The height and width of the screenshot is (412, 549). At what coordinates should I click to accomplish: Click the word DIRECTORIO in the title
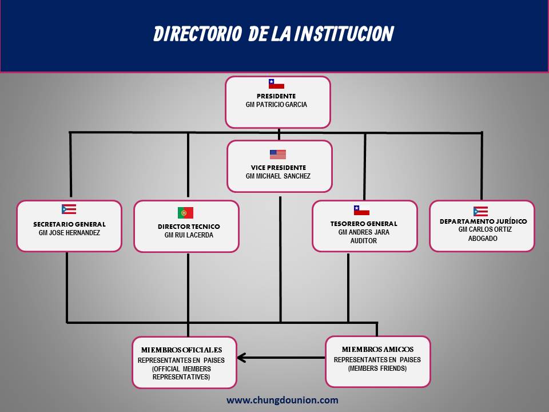click(x=198, y=34)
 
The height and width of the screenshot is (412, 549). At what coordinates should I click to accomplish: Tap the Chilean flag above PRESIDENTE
click(x=276, y=84)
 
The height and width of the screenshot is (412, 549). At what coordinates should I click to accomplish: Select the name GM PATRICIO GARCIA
click(x=276, y=104)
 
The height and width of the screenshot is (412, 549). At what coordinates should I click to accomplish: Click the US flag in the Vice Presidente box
click(x=278, y=154)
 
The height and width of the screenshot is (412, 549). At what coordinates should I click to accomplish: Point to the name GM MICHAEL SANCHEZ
click(x=278, y=176)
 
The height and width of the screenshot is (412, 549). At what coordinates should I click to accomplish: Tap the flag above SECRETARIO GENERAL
click(x=69, y=209)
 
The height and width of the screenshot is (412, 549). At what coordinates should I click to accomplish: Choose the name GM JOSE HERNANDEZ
click(x=69, y=233)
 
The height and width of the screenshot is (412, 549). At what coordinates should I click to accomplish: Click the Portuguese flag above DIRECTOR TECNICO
click(x=185, y=213)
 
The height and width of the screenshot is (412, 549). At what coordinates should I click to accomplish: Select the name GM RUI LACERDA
click(x=189, y=235)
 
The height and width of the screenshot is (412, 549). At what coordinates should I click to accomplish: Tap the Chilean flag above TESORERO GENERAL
click(x=361, y=210)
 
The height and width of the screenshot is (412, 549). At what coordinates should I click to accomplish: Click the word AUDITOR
click(x=364, y=241)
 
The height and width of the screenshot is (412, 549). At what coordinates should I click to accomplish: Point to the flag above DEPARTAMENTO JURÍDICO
click(x=480, y=211)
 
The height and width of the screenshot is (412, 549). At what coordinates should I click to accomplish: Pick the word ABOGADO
click(x=483, y=238)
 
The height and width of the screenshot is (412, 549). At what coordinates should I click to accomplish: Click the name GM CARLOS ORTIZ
click(x=485, y=229)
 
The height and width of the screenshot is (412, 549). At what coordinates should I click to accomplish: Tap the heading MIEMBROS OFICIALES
click(x=181, y=350)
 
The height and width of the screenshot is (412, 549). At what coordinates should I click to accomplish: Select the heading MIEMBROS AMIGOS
click(x=377, y=349)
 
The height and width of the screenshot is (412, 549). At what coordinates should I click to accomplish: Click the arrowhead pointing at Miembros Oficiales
click(x=241, y=358)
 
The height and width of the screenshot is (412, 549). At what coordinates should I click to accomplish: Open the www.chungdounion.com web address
click(x=282, y=400)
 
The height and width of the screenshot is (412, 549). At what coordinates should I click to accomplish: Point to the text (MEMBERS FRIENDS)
click(x=377, y=368)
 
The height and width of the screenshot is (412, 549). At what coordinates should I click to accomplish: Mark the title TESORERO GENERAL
click(x=364, y=224)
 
